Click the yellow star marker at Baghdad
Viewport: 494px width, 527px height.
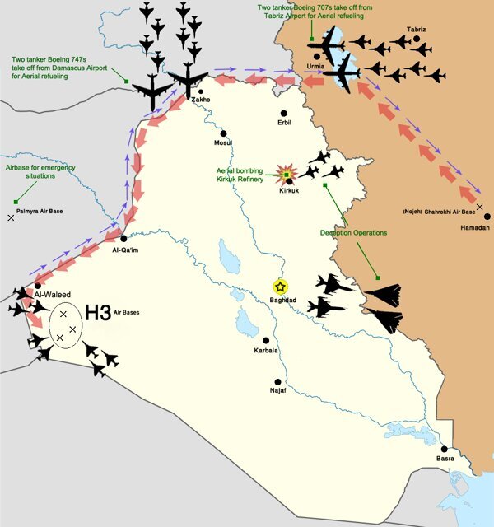tap(280, 287)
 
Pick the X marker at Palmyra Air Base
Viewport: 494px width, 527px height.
tap(11, 217)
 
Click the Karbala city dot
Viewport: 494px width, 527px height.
tap(265, 340)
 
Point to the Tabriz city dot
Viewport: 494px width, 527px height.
tap(417, 39)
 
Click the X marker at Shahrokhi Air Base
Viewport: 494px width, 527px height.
tap(480, 206)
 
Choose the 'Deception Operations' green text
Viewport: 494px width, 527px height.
tap(353, 233)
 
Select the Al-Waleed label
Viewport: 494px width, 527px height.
tap(51, 293)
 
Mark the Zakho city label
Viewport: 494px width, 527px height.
tap(201, 100)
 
